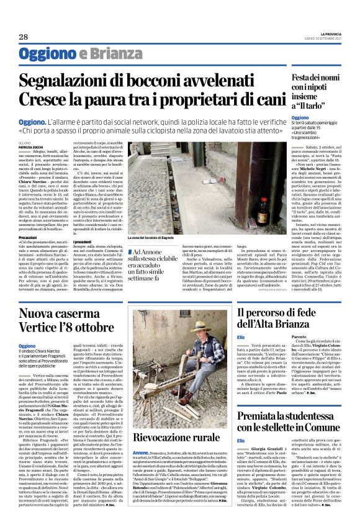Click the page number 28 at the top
24,37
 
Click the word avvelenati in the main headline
238,80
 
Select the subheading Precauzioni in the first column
29,237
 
